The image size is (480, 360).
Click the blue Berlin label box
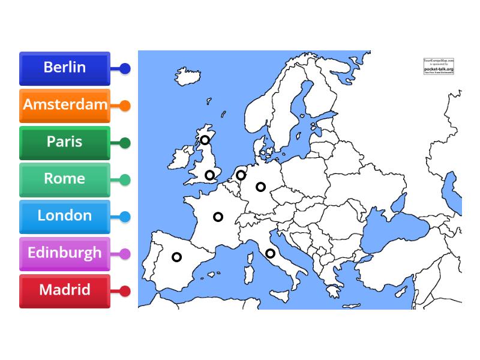[65, 68]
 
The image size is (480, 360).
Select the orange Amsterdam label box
[65, 105]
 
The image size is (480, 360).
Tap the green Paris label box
[65, 142]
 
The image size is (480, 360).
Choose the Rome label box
[65, 179]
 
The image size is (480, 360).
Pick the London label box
[65, 217]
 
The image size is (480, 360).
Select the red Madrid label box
[65, 291]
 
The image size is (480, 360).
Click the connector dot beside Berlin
[125, 68]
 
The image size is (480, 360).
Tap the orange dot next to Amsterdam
[125, 106]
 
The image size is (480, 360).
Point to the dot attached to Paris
[125, 143]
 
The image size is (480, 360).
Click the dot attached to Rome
[125, 179]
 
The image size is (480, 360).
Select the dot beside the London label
[125, 217]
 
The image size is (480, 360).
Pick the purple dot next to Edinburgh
[125, 254]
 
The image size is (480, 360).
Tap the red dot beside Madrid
[125, 291]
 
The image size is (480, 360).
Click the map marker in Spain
[176, 257]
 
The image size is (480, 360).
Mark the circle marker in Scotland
[205, 140]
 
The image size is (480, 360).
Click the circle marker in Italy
[270, 253]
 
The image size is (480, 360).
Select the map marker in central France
[218, 217]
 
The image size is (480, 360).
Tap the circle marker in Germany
[260, 187]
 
